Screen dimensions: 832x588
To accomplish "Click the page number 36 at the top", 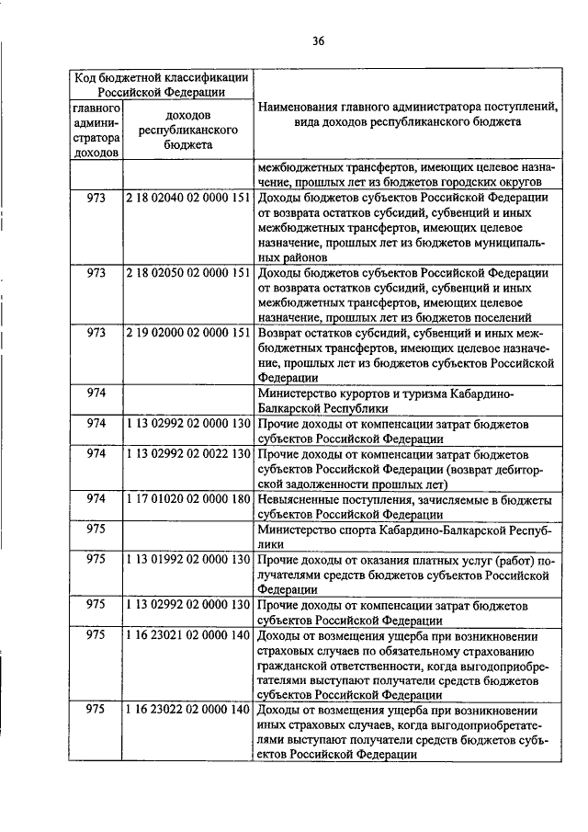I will point(318,40).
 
